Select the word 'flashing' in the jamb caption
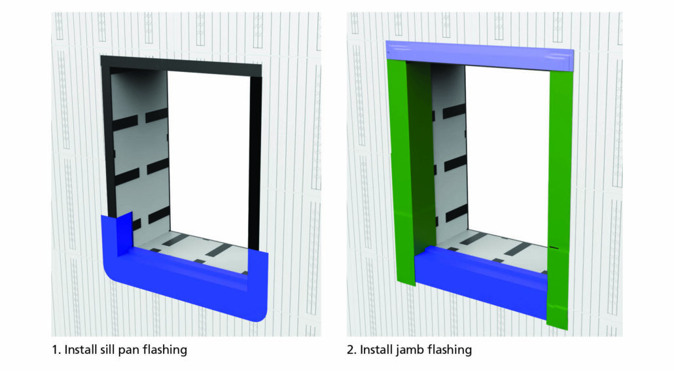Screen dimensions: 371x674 (x=450, y=350)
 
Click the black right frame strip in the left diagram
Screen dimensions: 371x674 (x=255, y=157)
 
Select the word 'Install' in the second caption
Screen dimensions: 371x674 (x=376, y=350)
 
